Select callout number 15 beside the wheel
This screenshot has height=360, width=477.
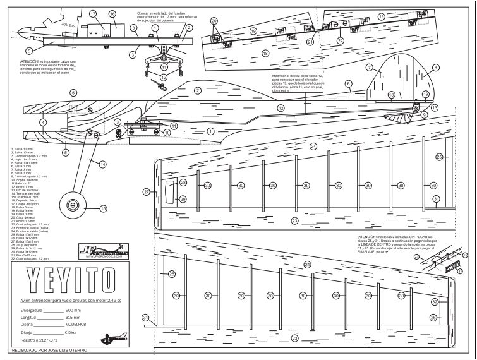click(103, 208)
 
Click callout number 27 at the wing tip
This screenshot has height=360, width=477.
click(147, 191)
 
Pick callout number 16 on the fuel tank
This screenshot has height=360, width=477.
click(112, 14)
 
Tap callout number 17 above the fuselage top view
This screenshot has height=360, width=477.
click(92, 13)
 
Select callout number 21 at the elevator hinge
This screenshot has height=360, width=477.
click(310, 42)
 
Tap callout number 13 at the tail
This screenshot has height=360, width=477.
click(435, 109)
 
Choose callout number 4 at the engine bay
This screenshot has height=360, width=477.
click(43, 122)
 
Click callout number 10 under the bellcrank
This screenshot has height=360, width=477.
click(167, 133)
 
